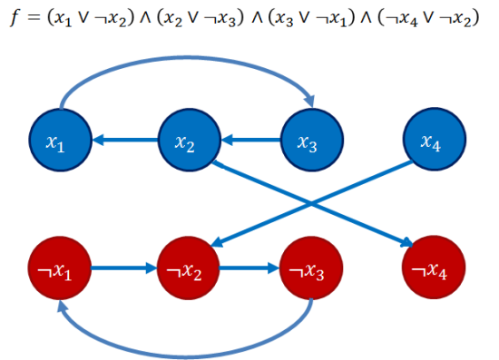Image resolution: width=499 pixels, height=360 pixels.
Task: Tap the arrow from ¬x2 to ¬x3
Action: [249, 268]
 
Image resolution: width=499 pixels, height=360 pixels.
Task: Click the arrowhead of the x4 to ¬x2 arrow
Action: [218, 243]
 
